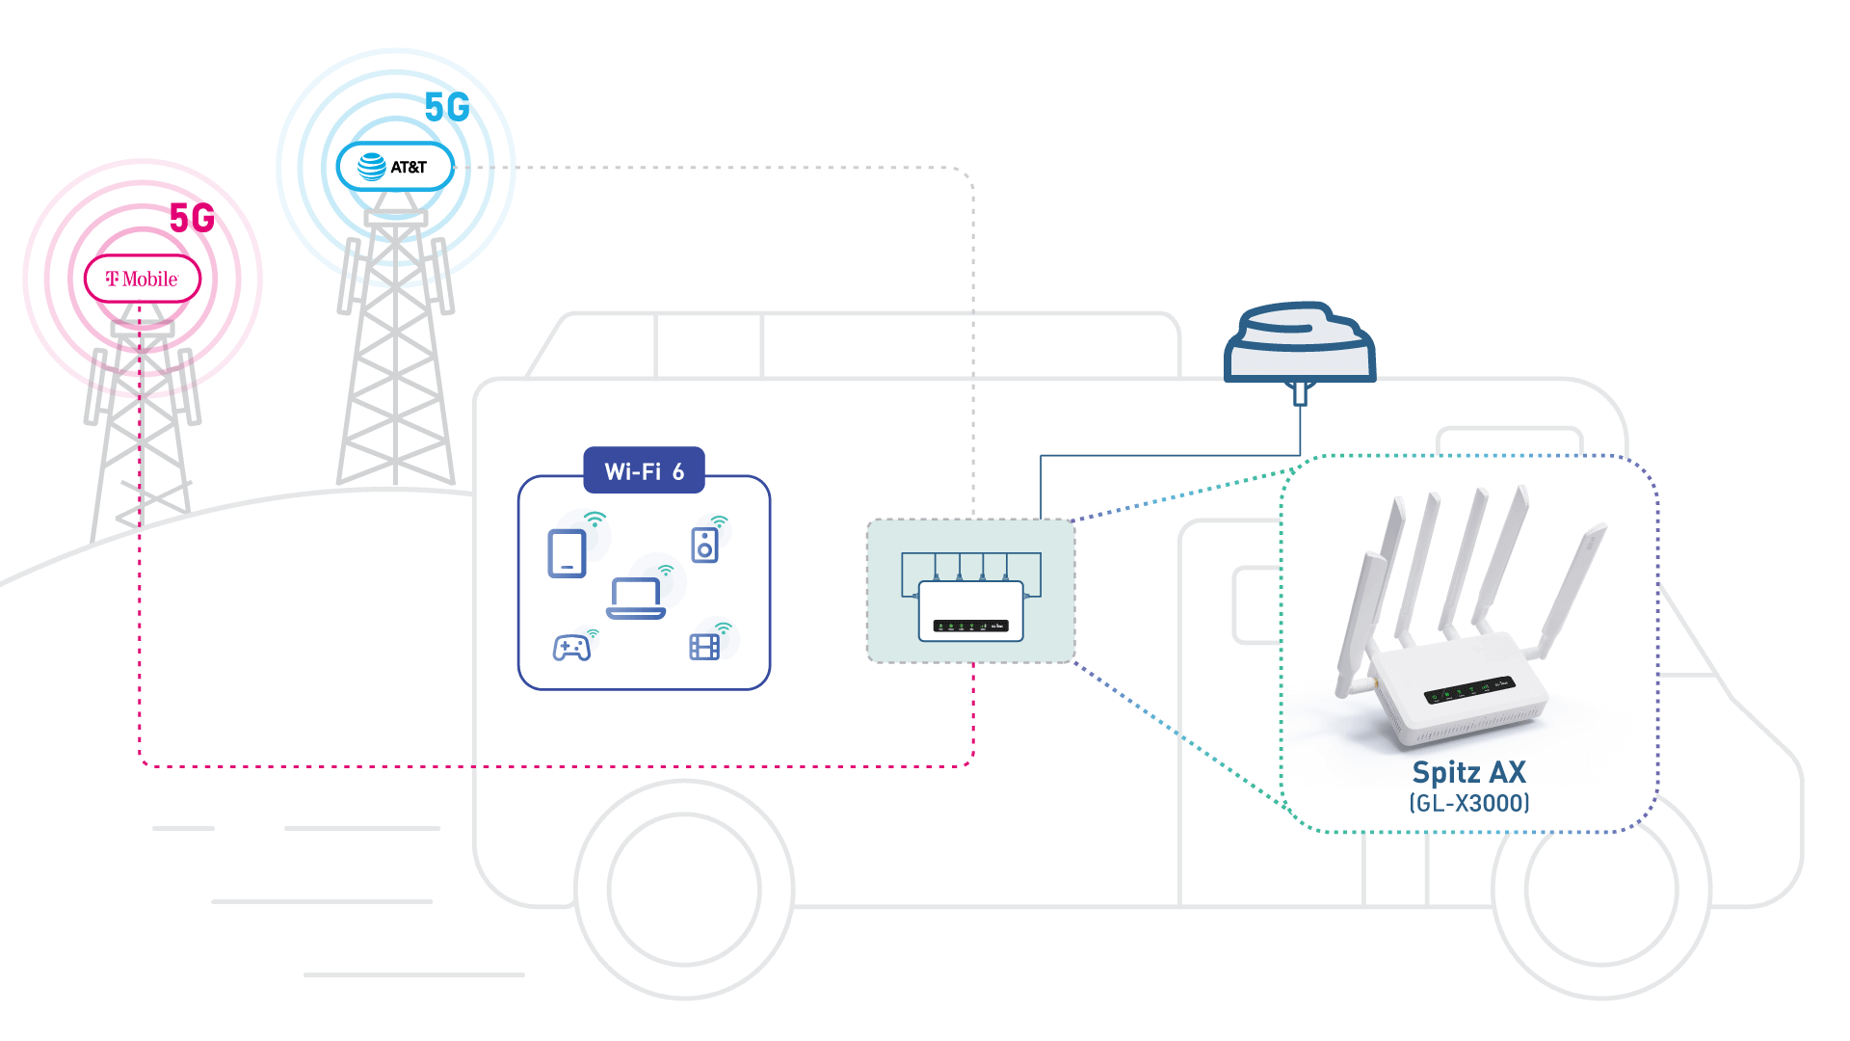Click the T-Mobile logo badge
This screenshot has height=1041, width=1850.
tap(142, 280)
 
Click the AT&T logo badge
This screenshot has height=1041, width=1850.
tap(395, 168)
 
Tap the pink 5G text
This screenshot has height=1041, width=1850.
tap(192, 219)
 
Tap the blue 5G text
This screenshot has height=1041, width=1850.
tap(447, 108)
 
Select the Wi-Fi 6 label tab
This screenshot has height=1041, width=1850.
tap(644, 471)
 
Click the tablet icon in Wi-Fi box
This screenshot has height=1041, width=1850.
tap(567, 553)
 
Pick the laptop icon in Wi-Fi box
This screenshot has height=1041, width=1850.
tap(635, 599)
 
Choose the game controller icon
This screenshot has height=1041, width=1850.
tap(571, 647)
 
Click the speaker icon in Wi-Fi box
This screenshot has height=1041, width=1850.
tap(704, 546)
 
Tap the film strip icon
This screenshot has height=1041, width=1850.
tap(704, 647)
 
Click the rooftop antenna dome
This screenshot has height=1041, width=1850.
tap(1299, 343)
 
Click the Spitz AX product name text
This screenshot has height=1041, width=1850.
tap(1468, 772)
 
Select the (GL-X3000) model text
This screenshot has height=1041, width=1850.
tap(1468, 803)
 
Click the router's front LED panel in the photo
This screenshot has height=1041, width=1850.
tap(1469, 690)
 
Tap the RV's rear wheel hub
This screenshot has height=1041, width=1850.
tap(684, 889)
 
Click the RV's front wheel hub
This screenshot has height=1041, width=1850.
tap(1601, 889)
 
